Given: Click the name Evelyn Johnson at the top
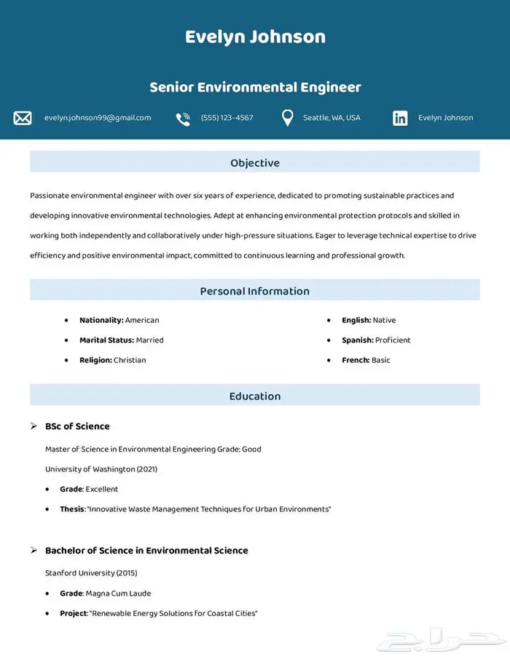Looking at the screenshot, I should click(255, 37).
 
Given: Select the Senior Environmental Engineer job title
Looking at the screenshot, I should click(255, 87).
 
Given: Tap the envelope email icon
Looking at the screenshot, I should click(23, 118).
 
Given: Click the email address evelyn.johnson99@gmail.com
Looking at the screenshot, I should click(98, 118).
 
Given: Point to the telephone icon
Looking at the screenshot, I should click(183, 119).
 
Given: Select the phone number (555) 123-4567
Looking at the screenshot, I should click(227, 118).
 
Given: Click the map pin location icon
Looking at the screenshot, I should click(287, 118).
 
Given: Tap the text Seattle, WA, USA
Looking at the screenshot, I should click(331, 118).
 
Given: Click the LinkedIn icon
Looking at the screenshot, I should click(400, 119).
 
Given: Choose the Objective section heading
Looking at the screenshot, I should click(255, 163).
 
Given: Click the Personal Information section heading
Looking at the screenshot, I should click(255, 291).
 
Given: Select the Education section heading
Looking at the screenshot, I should click(255, 396).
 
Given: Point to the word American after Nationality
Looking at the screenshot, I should click(142, 320).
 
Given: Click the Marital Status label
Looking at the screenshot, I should click(106, 340).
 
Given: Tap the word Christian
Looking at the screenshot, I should click(130, 360).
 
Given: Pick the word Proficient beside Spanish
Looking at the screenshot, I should click(393, 340).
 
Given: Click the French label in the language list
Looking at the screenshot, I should click(356, 360).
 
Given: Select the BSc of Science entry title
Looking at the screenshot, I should click(77, 426).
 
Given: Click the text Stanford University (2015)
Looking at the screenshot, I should click(91, 573).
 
